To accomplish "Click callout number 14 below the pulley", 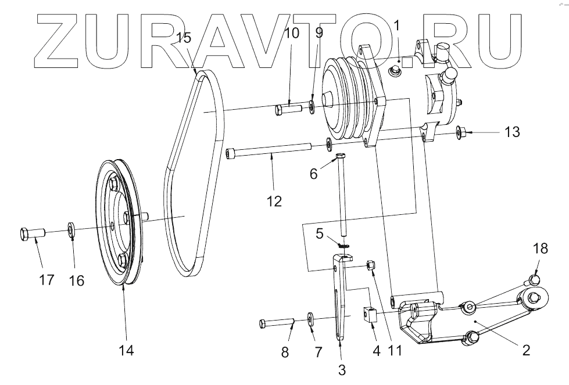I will (126, 350).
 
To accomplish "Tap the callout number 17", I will (46, 279).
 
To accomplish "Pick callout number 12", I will (274, 201).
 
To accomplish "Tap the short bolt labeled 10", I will (287, 108).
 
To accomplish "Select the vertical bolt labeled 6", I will (342, 192).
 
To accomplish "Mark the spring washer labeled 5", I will (343, 247).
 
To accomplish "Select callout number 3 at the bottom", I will (342, 369).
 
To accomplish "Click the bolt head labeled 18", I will (535, 280).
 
